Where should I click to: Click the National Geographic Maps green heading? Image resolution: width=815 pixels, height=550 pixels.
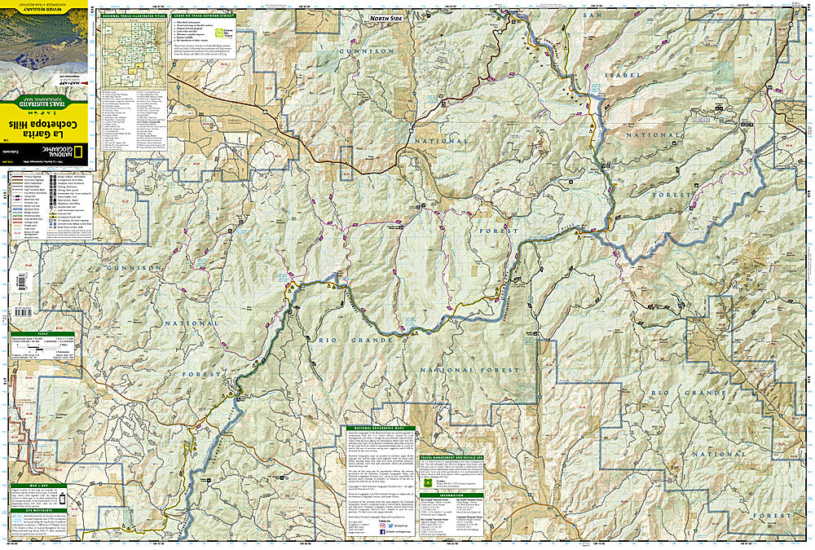click(380, 428)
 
